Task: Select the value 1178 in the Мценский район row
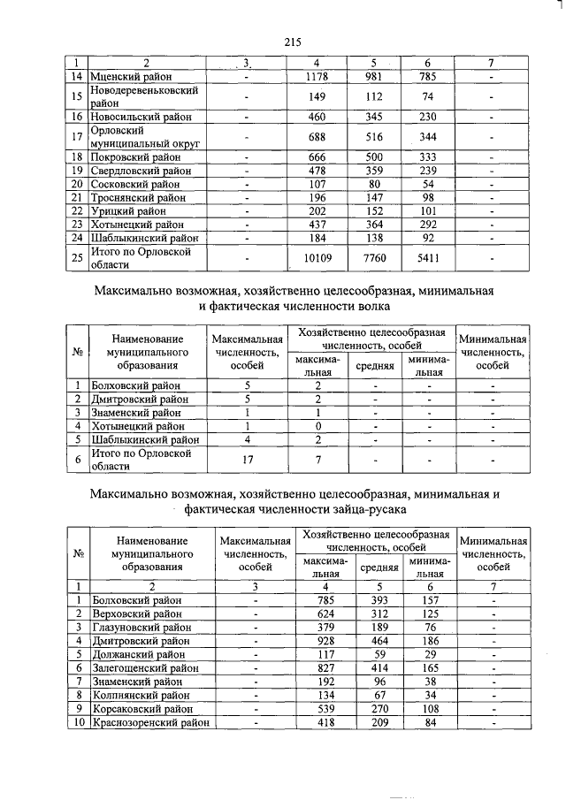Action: point(317,77)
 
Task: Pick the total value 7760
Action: point(374,258)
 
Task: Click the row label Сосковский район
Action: point(135,184)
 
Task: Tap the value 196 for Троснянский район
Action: point(317,197)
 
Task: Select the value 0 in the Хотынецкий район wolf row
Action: point(317,425)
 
